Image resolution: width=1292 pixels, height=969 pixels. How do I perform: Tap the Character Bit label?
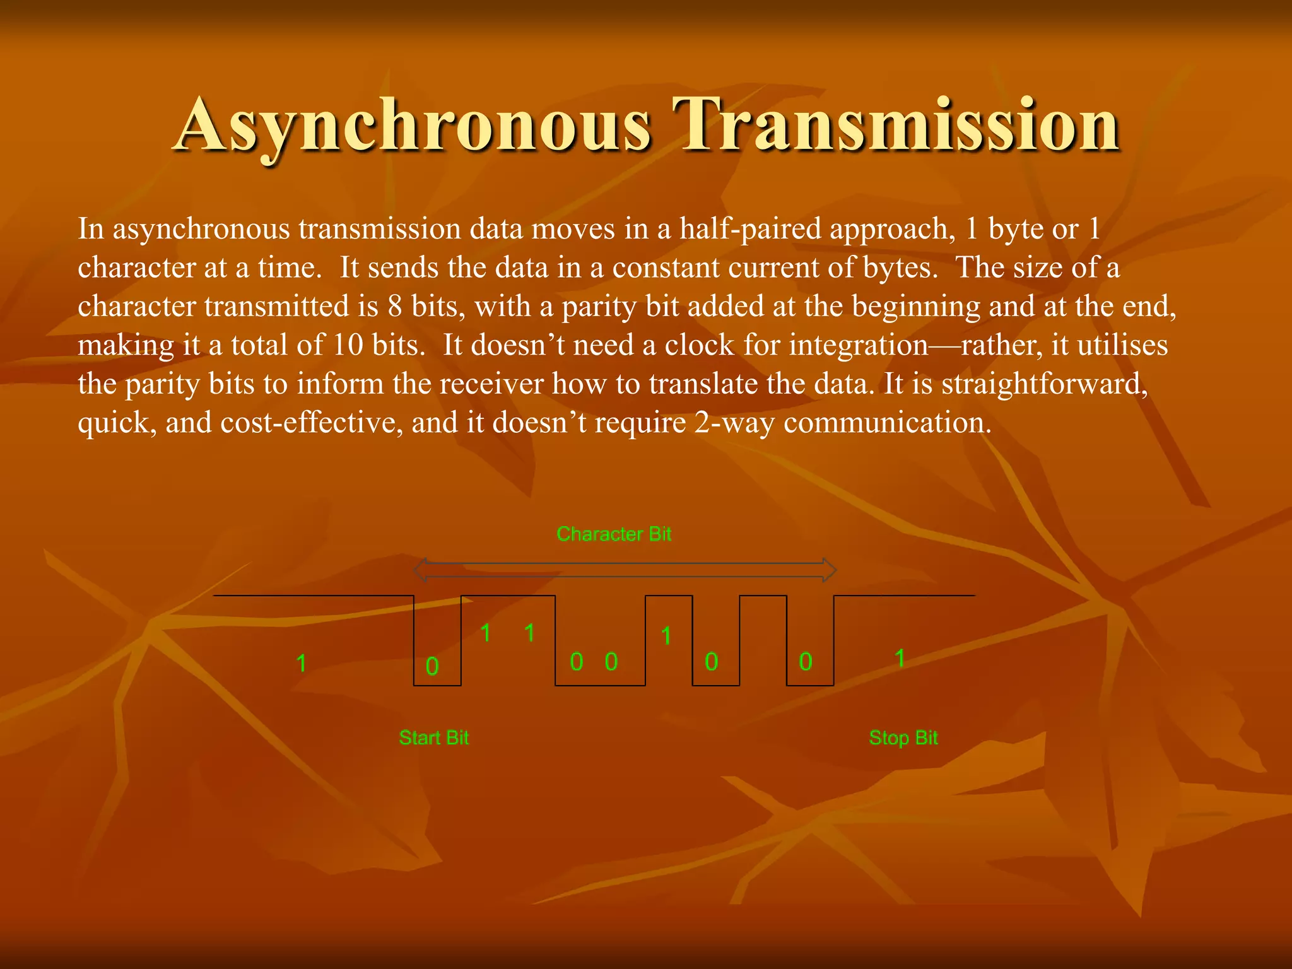[614, 534]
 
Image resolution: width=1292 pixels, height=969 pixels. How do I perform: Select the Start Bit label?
[434, 737]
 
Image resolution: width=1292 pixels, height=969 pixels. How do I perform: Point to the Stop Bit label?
[903, 737]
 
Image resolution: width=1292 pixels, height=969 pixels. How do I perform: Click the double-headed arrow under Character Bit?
[625, 570]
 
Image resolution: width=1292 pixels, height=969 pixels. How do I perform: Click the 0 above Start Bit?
[432, 666]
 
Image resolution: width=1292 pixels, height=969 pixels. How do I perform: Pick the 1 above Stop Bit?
[900, 659]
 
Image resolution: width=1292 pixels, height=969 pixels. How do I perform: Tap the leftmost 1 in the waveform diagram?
[302, 663]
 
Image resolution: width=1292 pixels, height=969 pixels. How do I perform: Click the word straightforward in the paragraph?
[1044, 384]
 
